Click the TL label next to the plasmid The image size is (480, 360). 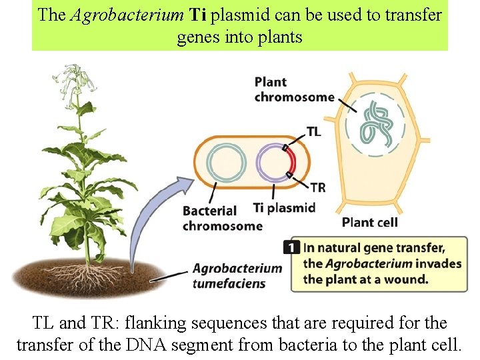click(313, 131)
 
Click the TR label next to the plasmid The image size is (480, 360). click(318, 187)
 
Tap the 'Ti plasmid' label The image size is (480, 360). click(284, 207)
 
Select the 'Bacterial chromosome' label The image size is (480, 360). click(222, 218)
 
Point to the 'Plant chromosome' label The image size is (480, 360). click(294, 89)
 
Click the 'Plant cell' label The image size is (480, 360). click(369, 222)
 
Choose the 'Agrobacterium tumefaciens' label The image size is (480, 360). click(237, 276)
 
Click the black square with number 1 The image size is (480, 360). click(291, 247)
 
